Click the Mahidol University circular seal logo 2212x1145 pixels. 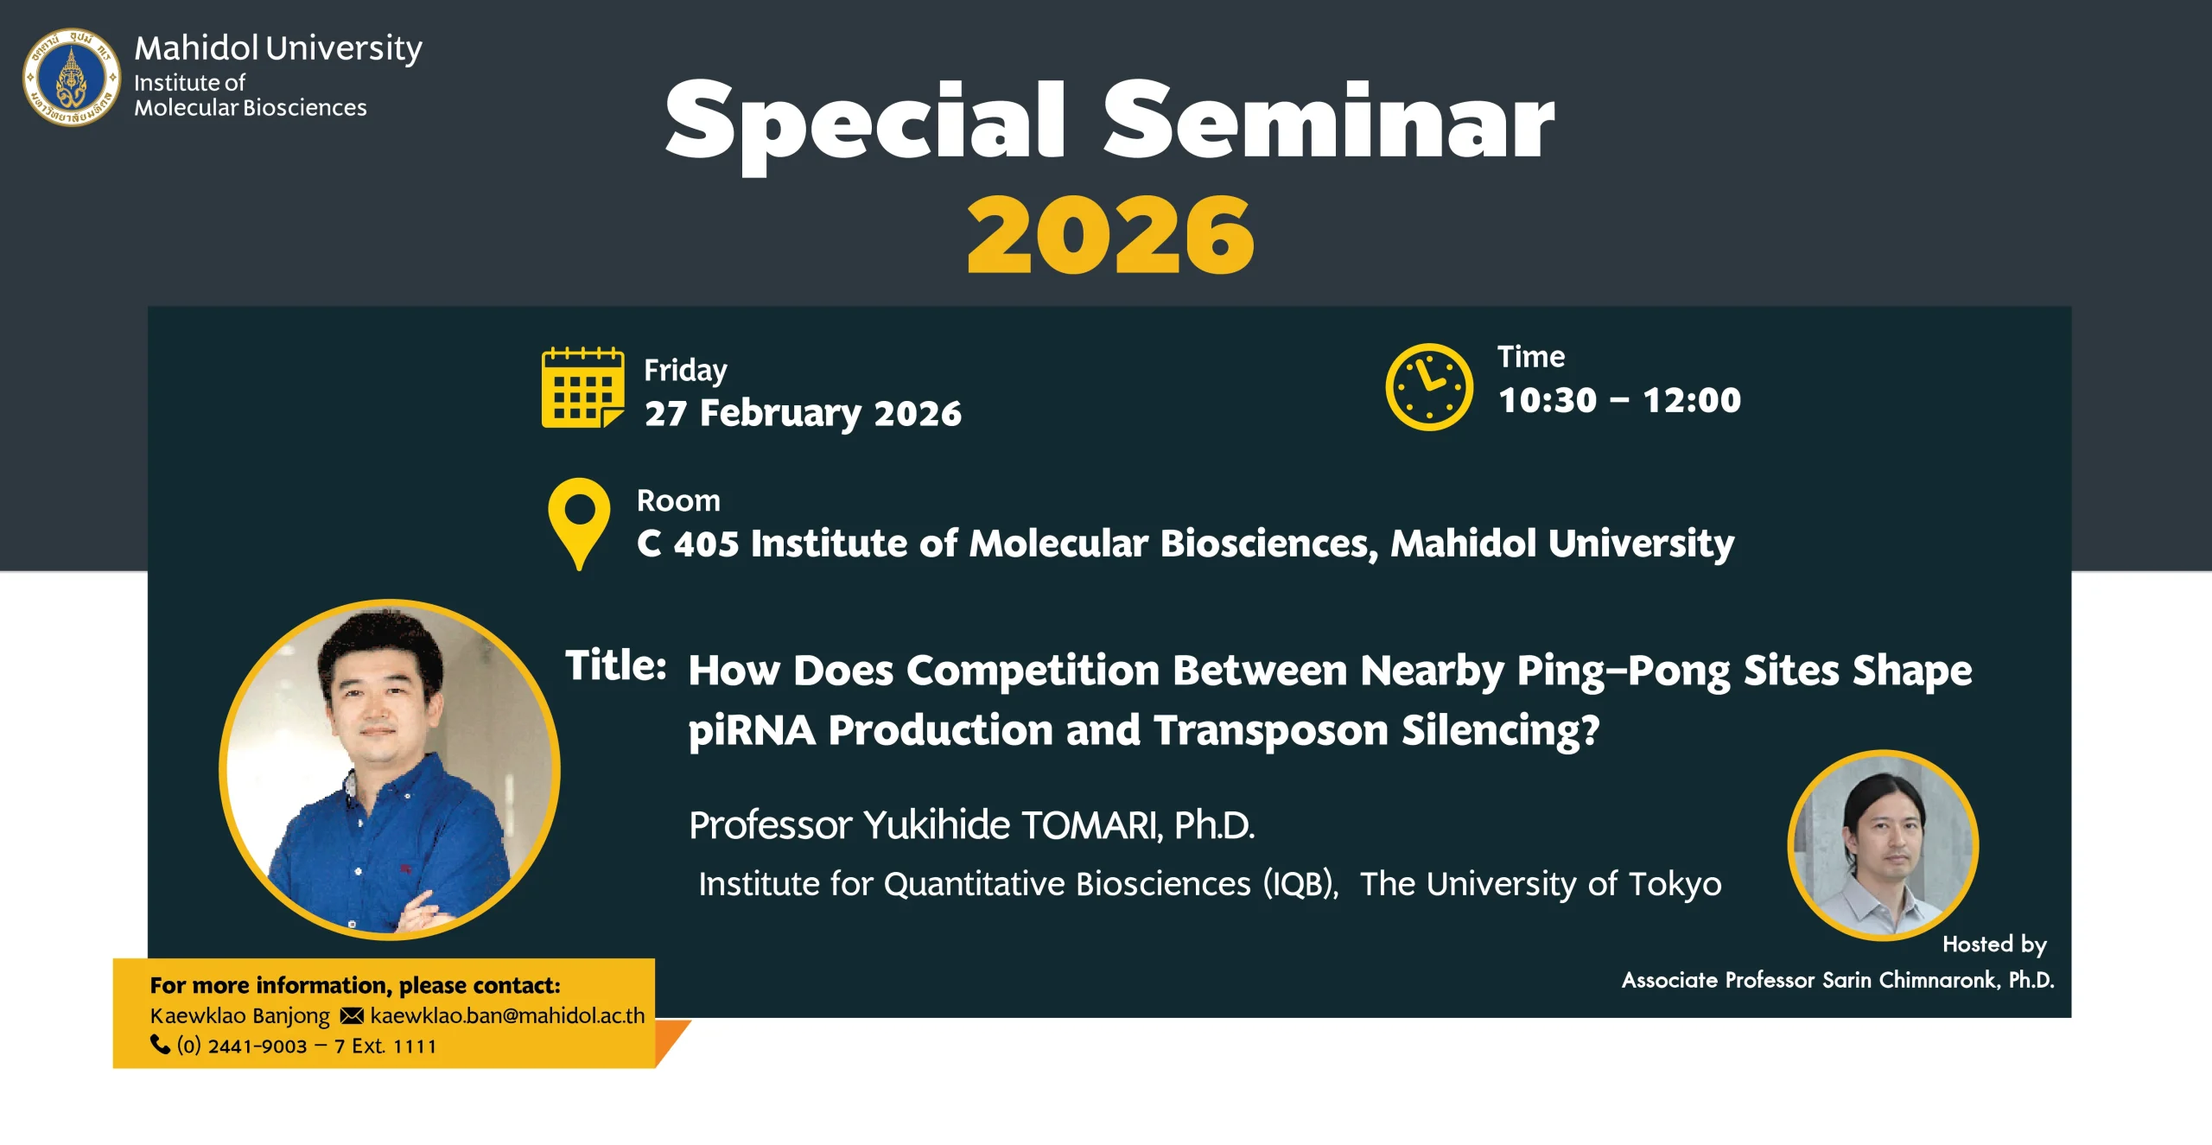pos(72,77)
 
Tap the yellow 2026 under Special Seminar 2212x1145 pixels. pos(1109,234)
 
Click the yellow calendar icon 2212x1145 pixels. pos(582,387)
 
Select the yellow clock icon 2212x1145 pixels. pos(1429,386)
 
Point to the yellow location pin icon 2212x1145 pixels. pos(579,523)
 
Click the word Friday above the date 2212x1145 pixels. pos(685,370)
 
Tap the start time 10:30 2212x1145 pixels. pos(1548,400)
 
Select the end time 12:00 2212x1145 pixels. pos(1692,400)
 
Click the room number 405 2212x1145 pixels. pos(706,544)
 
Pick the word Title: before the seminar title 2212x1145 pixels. pos(615,665)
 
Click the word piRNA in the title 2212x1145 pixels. pos(752,730)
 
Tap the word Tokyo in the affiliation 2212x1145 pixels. pos(1675,884)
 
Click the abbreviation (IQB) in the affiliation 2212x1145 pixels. pos(1300,884)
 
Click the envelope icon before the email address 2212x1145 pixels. pos(352,1015)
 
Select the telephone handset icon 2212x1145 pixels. pos(160,1045)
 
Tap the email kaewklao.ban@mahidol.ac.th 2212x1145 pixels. pos(507,1015)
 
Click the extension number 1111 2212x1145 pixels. pos(414,1046)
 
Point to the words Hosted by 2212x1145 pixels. pos(1994,945)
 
